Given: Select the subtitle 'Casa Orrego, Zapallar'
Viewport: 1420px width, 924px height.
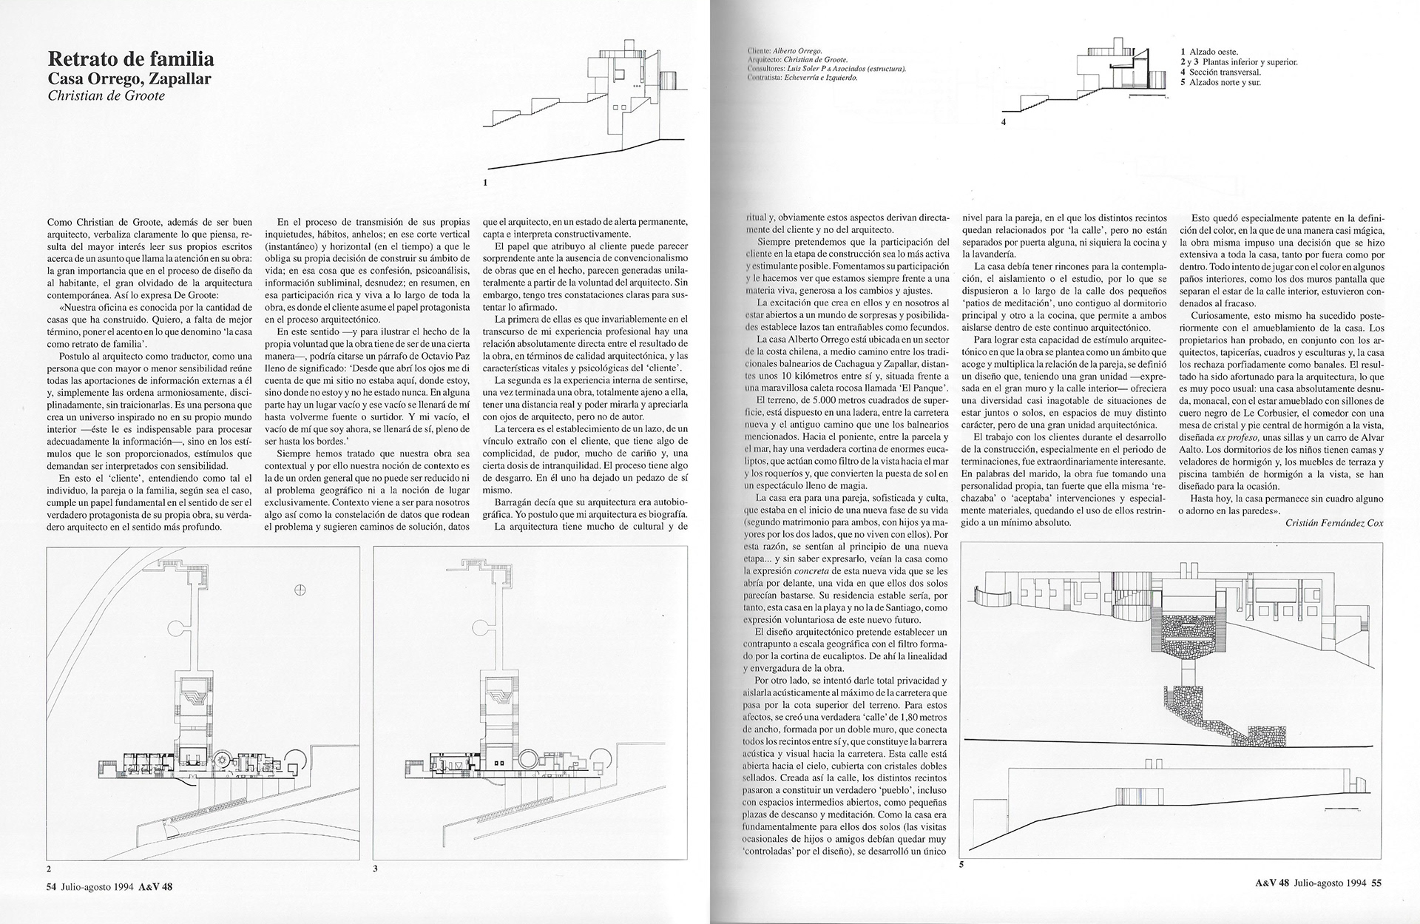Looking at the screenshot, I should pos(129,78).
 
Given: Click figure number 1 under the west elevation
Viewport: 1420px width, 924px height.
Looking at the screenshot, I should pos(484,181).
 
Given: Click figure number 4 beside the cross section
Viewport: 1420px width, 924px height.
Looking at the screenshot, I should pos(1004,122).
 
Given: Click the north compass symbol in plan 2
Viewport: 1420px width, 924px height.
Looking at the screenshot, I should pos(300,590).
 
